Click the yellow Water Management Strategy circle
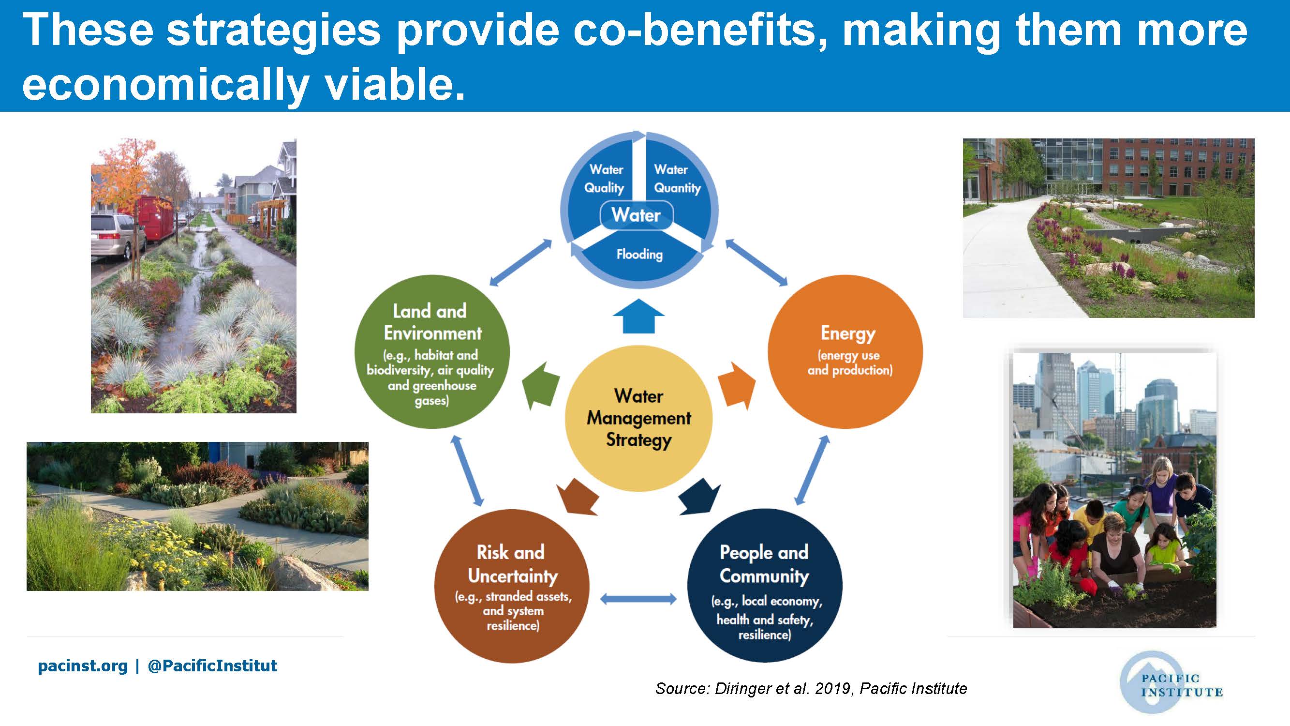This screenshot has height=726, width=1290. [638, 418]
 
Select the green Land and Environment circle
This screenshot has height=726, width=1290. [432, 352]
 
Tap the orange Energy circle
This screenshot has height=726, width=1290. [845, 352]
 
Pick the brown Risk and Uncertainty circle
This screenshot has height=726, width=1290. [512, 586]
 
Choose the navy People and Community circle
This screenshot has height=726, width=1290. [765, 586]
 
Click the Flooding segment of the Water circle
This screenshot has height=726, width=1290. [639, 258]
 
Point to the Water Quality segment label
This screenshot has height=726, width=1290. [605, 179]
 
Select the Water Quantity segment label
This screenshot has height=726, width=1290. [677, 179]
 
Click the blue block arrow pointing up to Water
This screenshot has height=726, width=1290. [638, 316]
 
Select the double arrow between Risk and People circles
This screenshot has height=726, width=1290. [638, 599]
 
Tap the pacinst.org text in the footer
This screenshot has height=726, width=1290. [83, 666]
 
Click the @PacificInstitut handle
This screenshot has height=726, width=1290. [212, 666]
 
